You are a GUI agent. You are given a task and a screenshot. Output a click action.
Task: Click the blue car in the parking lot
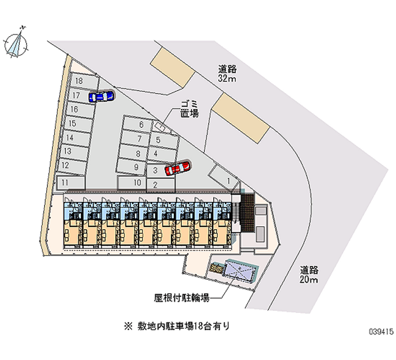pyautogui.click(x=100, y=96)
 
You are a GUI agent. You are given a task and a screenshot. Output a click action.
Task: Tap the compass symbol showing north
pyautogui.click(x=17, y=43)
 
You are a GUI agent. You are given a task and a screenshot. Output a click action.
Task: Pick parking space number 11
pyautogui.click(x=69, y=183)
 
